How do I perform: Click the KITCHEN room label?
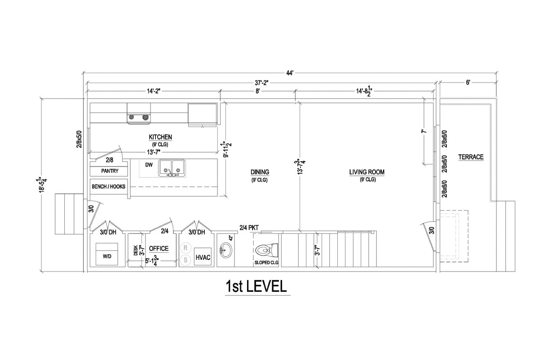click(x=160, y=137)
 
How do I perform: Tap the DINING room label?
click(x=260, y=172)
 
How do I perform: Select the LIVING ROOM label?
click(x=367, y=172)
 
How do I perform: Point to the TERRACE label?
click(x=471, y=157)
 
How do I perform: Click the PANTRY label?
click(x=110, y=171)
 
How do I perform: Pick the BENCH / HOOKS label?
click(x=109, y=186)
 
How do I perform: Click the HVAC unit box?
click(x=203, y=258)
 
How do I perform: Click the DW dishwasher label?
click(x=149, y=165)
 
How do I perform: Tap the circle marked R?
click(x=186, y=247)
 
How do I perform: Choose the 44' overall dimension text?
click(x=290, y=73)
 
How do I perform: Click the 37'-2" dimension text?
click(x=261, y=83)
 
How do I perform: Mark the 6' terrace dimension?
click(x=468, y=83)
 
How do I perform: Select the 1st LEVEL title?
click(x=256, y=286)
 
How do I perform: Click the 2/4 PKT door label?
click(x=249, y=228)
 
